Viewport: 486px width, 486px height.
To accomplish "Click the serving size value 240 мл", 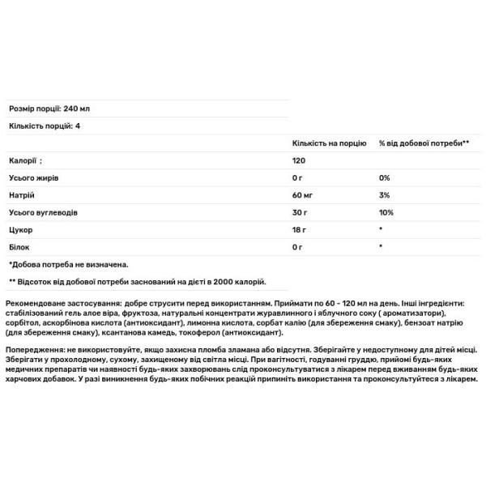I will pos(75,108).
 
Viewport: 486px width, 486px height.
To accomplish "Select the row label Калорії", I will pos(23,160).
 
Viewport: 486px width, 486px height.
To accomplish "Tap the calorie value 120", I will pos(299,160).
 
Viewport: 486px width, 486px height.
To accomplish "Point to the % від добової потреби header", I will pos(424,143).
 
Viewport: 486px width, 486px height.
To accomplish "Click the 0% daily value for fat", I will pos(384,177).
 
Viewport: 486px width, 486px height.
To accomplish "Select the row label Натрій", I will pos(21,195).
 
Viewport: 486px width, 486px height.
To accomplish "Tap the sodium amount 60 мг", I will pos(303,195).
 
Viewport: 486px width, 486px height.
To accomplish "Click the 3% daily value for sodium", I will pos(384,195).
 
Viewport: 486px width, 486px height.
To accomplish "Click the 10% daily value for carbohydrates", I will pos(386,212).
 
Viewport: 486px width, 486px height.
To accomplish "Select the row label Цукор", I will pos(19,230).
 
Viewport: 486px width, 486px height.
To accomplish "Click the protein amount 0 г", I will pos(297,247).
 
